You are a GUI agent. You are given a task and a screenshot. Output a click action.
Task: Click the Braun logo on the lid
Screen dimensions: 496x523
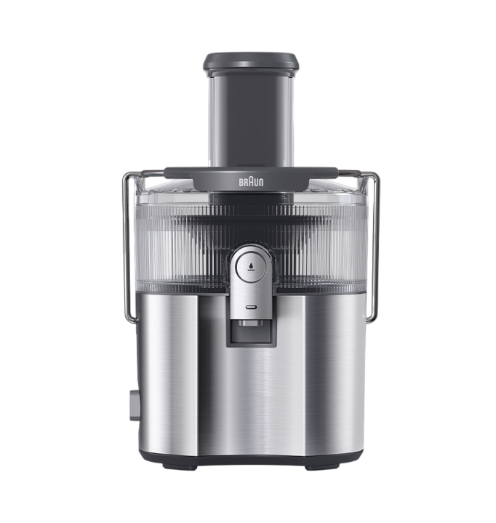(x=251, y=182)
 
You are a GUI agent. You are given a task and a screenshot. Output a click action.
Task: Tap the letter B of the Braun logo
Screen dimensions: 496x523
(x=241, y=183)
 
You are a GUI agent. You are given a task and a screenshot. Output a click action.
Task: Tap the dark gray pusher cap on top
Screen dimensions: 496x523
(x=251, y=63)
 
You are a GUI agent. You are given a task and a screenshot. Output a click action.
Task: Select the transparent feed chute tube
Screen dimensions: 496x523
(x=251, y=120)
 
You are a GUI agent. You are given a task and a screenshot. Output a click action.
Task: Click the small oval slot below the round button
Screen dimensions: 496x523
(x=250, y=306)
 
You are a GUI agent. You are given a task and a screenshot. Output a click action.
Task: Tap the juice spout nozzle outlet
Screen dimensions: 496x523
(x=251, y=323)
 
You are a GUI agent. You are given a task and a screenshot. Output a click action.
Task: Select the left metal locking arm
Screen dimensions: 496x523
(x=124, y=247)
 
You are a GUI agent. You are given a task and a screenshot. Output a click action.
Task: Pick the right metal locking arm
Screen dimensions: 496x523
(x=377, y=247)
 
